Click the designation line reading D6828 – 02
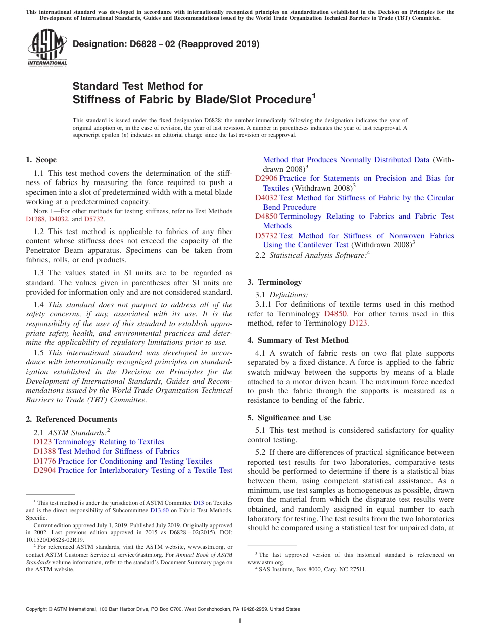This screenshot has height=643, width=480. point(166,44)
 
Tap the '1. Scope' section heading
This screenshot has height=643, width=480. point(41,160)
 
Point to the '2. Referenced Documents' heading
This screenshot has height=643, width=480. point(71,419)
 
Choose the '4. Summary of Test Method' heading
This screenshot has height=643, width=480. point(298,340)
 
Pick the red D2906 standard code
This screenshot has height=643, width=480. point(266,178)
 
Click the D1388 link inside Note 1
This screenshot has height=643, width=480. point(35,219)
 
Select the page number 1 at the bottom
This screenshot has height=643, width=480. point(240,621)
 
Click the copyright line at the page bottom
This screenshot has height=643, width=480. point(163,609)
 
